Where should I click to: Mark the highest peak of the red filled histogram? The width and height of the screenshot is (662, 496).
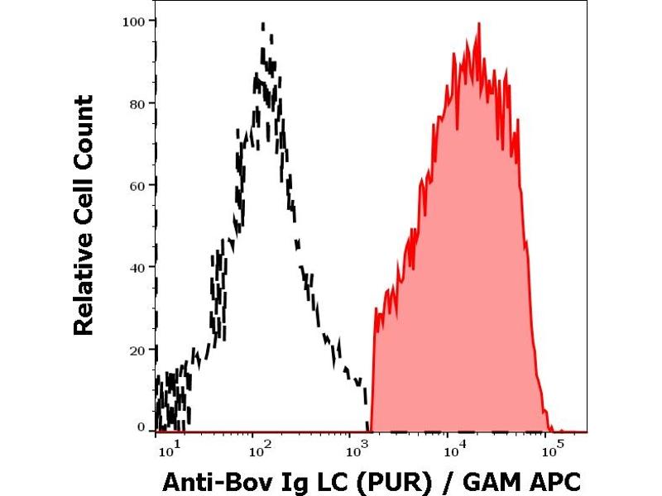(x=478, y=24)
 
